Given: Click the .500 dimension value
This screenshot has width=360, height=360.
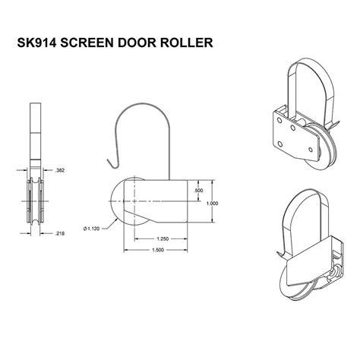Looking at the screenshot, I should coord(199,191).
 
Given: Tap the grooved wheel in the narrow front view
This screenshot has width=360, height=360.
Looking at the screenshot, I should coord(33,201).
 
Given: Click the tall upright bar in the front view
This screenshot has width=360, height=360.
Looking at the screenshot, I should coord(33,129).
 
